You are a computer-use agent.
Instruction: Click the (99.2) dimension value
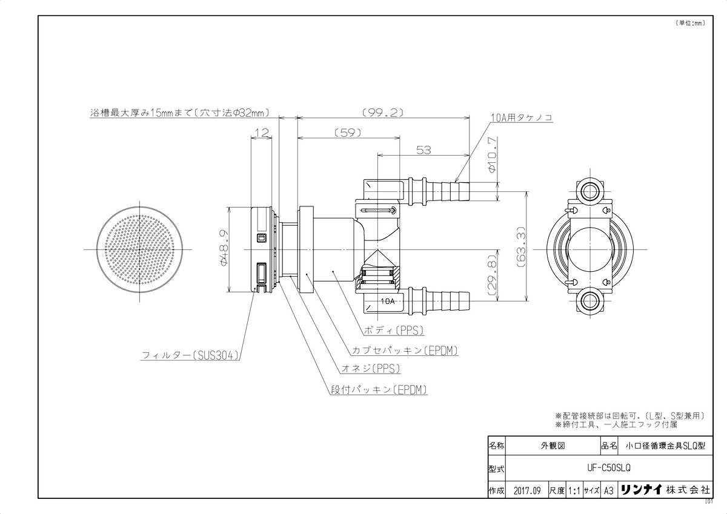[x=383, y=113]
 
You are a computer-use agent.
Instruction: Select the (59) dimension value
[x=347, y=133]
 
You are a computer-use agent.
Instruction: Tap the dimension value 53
[x=424, y=150]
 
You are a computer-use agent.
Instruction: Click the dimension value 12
[x=261, y=133]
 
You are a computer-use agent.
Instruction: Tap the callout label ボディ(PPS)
[x=393, y=331]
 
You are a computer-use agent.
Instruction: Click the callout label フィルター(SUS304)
[x=191, y=355]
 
